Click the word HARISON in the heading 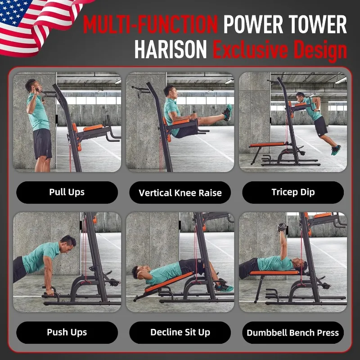(x=171, y=49)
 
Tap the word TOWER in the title (x=318, y=24)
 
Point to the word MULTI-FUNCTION (x=150, y=24)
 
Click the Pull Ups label (x=67, y=192)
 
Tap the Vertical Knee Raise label (x=180, y=193)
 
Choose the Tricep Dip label (x=293, y=192)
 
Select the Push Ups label (x=67, y=332)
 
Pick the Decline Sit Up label (x=180, y=332)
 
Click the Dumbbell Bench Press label (x=293, y=333)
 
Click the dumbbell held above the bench (x=282, y=227)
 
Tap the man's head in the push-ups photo (x=68, y=244)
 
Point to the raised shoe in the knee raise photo (x=228, y=112)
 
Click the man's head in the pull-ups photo (x=33, y=86)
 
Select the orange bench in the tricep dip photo (x=267, y=144)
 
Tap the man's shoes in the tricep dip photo (x=336, y=150)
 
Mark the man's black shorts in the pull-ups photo (x=42, y=143)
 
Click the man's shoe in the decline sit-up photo (x=224, y=288)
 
